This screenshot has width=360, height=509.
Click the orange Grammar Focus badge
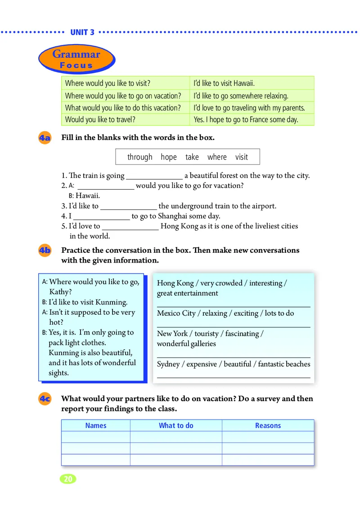coord(76,59)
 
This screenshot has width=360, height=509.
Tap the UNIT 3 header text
coord(82,32)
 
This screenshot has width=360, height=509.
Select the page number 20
coord(68,479)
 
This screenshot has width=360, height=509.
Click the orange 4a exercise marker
coord(45,138)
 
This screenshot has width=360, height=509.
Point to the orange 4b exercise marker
coord(45,251)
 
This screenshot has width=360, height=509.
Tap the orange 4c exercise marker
coord(45,399)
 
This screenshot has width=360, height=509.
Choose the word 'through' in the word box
coord(140,157)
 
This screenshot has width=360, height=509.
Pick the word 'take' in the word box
coord(192,157)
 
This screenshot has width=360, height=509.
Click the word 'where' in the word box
coord(217,157)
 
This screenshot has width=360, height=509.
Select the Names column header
coord(96,425)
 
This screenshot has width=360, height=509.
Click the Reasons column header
coord(268,425)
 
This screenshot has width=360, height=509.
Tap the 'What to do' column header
coord(176,425)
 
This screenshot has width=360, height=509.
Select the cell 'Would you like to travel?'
coord(100,120)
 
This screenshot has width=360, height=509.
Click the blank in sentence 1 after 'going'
coord(154,177)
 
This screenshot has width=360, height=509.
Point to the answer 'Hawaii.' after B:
coord(88,196)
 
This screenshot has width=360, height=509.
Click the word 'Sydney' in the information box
coord(168,364)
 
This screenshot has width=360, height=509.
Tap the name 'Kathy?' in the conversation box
coord(60,292)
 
